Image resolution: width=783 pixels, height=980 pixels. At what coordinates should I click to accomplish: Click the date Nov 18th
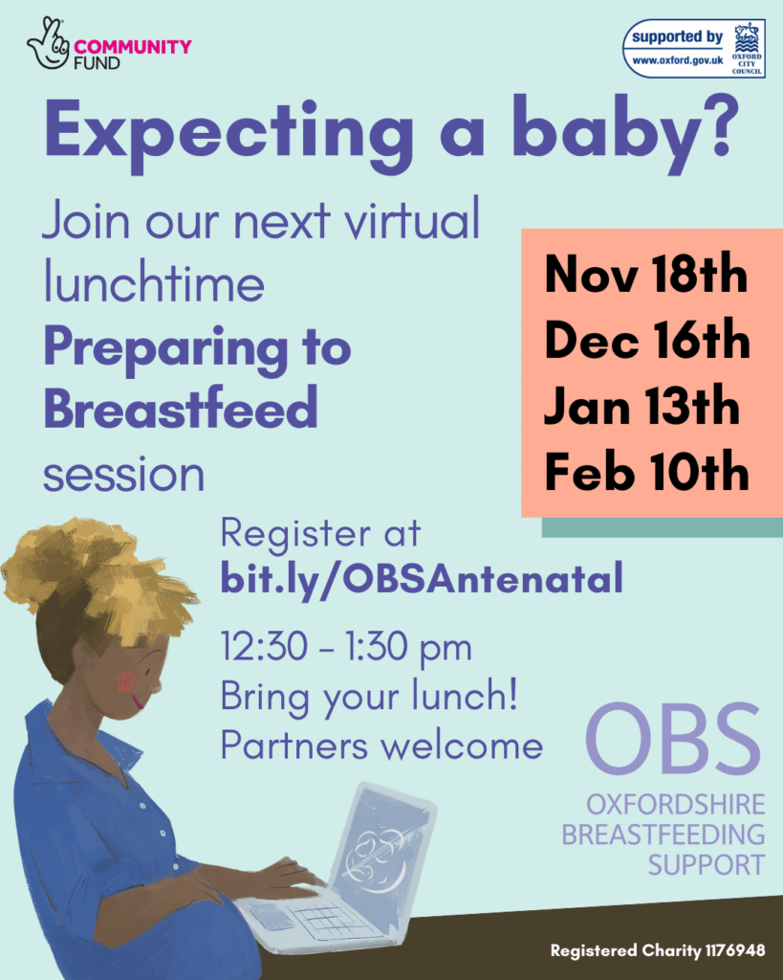tap(645, 278)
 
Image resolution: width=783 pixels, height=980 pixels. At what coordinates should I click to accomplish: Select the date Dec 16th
tap(647, 342)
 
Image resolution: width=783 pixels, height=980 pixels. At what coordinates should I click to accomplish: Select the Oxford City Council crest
tap(748, 48)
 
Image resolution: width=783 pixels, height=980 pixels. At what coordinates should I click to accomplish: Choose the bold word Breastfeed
tap(180, 410)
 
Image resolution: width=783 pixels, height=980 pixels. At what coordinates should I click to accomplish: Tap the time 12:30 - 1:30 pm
tap(346, 648)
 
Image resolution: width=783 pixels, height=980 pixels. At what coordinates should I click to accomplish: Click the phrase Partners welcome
tap(381, 746)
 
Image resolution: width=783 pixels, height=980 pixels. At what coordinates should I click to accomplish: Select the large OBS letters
tap(673, 744)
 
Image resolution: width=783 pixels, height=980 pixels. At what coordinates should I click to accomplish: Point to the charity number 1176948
tap(726, 950)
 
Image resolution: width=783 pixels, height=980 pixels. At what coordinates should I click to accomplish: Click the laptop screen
tap(381, 842)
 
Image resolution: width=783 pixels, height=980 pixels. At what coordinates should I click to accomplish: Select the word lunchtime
tap(154, 285)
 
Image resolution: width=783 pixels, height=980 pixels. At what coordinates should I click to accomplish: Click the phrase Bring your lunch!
tap(369, 697)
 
